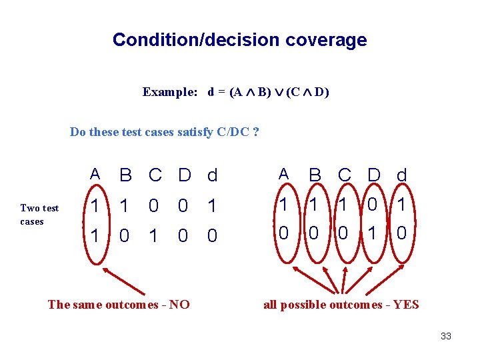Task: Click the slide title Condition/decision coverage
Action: click(x=239, y=40)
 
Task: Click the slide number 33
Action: click(x=446, y=336)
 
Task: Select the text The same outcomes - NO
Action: click(x=119, y=305)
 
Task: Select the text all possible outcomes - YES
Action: click(x=341, y=305)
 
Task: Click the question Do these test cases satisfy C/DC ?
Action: click(x=165, y=131)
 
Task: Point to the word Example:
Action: click(x=170, y=92)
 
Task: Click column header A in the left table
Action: click(x=95, y=175)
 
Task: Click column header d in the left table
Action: click(x=212, y=175)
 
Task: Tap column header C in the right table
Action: click(x=345, y=175)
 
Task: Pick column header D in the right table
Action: click(x=374, y=175)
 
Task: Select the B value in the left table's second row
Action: click(x=125, y=236)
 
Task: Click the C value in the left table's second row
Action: click(x=154, y=236)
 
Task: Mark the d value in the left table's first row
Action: click(x=212, y=207)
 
